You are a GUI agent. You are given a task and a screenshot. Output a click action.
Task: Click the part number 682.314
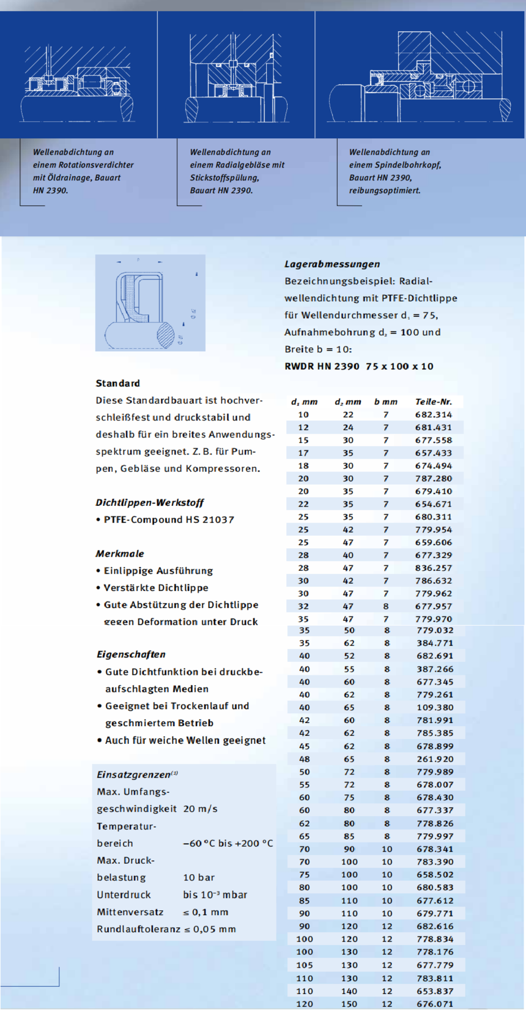click(433, 415)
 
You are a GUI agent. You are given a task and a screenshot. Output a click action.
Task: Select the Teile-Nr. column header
click(433, 402)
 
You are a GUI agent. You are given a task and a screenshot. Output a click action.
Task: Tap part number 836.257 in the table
click(433, 568)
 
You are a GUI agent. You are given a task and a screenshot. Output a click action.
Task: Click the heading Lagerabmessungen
click(332, 264)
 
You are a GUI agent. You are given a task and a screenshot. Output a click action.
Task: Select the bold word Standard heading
click(118, 384)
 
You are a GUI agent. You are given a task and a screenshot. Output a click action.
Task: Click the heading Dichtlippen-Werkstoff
click(149, 502)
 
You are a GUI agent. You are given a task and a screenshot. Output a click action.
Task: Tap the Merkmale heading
click(120, 554)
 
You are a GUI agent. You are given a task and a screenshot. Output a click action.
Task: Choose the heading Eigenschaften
click(131, 654)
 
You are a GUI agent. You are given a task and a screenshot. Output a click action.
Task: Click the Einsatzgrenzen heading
click(133, 774)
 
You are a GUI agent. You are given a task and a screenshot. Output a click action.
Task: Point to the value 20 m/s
click(200, 809)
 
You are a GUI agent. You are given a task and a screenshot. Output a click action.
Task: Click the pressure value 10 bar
click(199, 877)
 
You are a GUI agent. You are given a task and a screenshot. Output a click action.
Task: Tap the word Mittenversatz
click(130, 912)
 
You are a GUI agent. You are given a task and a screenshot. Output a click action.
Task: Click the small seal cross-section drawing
click(150, 303)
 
